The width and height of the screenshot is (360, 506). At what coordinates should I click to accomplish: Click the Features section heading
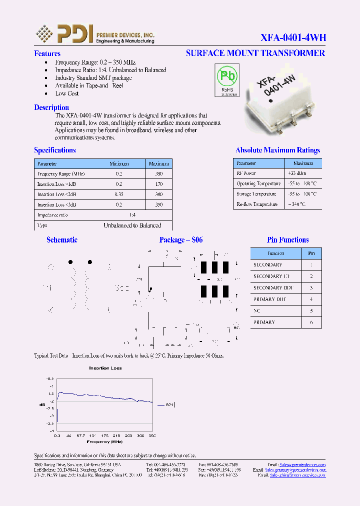47,53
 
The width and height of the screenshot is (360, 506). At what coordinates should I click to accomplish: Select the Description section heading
51,107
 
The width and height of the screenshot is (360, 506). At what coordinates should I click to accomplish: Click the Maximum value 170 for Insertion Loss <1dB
159,184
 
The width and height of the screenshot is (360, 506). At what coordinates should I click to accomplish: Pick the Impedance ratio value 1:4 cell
132,215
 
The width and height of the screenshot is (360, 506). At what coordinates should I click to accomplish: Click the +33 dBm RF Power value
296,173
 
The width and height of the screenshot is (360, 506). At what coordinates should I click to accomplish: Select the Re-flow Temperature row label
256,204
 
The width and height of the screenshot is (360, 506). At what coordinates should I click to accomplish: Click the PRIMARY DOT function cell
269,299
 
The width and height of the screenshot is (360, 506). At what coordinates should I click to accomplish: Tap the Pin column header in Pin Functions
311,253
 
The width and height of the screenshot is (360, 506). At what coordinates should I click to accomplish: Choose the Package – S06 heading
181,240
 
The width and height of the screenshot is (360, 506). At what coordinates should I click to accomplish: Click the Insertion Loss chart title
105,368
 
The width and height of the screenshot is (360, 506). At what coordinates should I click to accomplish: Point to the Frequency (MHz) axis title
105,441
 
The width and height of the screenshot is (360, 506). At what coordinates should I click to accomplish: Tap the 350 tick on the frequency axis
152,436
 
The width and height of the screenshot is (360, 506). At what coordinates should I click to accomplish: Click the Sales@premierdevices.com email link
302,464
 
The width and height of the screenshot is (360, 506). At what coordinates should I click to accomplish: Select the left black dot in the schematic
70,262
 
